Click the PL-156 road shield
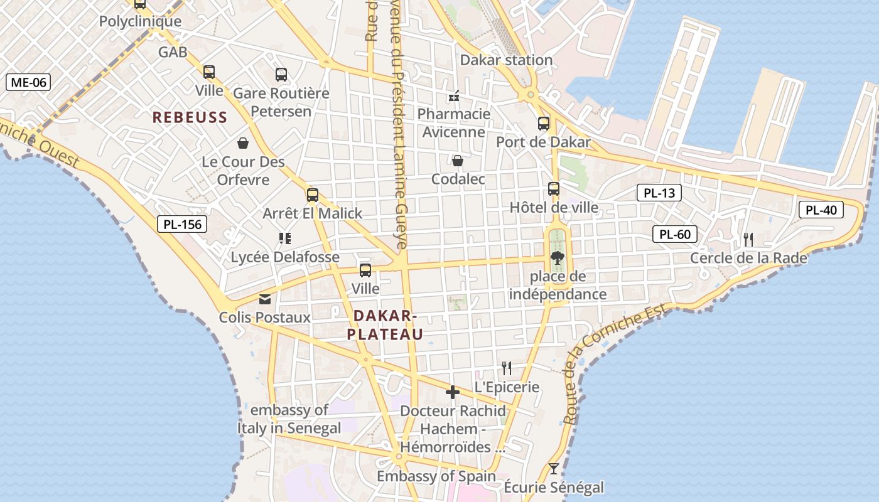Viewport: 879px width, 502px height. [181, 224]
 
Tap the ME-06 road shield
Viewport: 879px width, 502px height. [28, 82]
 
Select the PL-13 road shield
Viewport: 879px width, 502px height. [659, 193]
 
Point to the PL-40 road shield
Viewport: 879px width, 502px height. [821, 210]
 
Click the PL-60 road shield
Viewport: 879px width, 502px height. [675, 235]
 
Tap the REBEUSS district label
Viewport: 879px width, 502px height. [190, 117]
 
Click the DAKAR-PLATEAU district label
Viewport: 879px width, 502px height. [385, 324]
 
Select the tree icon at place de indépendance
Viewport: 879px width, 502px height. [556, 257]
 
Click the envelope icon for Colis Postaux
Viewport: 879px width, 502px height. [265, 299]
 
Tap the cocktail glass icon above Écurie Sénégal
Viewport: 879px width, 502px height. [554, 469]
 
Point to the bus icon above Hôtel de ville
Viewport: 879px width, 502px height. [554, 189]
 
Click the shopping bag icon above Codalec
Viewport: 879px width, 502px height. [458, 161]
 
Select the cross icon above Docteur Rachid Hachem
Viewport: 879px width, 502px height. [452, 393]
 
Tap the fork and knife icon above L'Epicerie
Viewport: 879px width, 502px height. [507, 368]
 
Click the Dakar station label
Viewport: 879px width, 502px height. [506, 60]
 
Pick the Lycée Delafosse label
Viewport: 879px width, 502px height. [285, 257]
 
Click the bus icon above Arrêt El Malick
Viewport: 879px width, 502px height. [313, 195]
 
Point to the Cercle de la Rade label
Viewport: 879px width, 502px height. [748, 258]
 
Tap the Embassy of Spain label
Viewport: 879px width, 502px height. [436, 476]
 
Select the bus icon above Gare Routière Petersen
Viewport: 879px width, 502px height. [281, 75]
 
